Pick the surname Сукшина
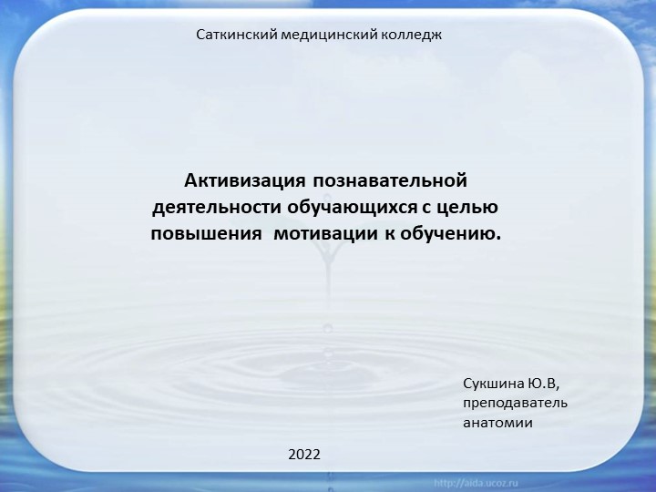pos(494,383)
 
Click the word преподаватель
pos(515,403)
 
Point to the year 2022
pos(304,453)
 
